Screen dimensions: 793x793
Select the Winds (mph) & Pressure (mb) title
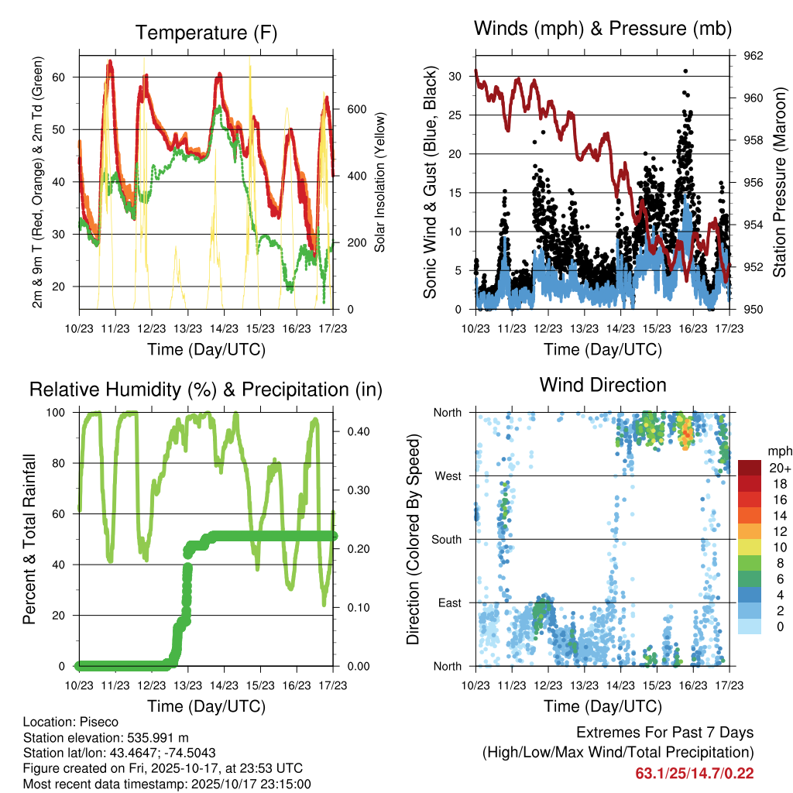click(x=602, y=29)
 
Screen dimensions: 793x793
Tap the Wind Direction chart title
click(x=602, y=384)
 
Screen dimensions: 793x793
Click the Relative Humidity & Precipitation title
click(x=205, y=389)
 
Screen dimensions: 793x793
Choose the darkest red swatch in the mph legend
click(x=750, y=468)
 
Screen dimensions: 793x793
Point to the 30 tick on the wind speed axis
click(x=462, y=76)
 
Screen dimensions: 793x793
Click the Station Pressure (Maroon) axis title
click(x=780, y=182)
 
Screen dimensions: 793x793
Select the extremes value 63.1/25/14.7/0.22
click(x=695, y=773)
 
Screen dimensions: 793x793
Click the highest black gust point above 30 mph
click(x=685, y=71)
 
